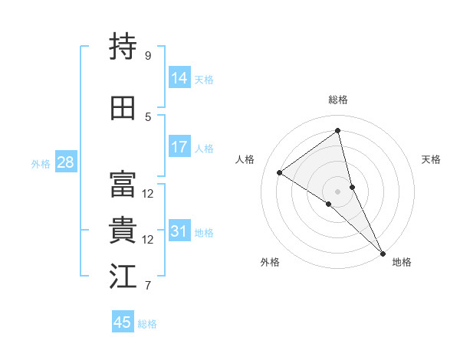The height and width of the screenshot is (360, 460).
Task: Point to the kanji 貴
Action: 123,231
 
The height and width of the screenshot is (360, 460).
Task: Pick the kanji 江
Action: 123,277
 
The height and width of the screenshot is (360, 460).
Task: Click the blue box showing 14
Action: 179,78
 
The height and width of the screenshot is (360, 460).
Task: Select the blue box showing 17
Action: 179,147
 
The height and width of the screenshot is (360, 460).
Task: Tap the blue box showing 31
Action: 179,231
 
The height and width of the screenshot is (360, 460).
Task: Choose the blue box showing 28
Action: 65,162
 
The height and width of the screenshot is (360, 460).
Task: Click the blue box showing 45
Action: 123,322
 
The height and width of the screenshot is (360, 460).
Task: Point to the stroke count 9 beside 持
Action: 148,56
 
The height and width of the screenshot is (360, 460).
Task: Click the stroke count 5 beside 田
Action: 148,116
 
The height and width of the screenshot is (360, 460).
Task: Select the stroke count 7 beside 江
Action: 148,286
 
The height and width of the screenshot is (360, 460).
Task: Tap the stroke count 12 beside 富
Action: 148,194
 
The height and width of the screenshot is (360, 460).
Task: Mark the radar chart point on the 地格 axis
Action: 382,253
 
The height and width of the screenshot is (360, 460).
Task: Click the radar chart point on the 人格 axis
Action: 280,172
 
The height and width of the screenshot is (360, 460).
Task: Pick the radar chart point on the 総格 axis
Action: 337,131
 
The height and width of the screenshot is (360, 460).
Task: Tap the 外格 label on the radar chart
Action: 270,262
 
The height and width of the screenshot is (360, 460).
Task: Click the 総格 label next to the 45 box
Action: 147,324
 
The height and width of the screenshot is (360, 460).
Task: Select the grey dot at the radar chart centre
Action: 337,191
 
